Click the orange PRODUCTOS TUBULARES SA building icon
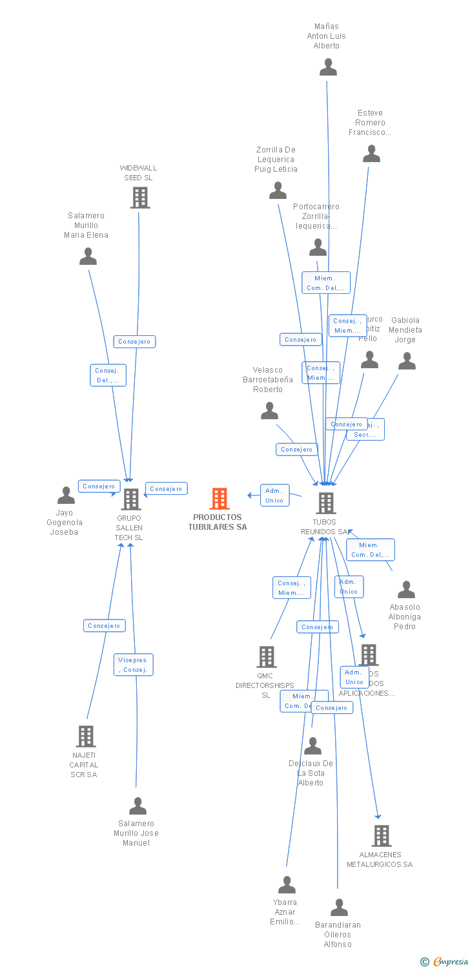(220, 499)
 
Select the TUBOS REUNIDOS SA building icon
(325, 503)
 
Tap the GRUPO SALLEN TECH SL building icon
(131, 499)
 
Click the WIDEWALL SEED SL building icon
(140, 198)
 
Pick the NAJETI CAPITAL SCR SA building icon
(86, 736)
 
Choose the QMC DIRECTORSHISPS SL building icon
(267, 657)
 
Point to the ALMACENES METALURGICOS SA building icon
(382, 836)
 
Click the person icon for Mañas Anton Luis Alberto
(328, 67)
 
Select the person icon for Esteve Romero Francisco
(371, 154)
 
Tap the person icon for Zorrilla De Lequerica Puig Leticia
(278, 191)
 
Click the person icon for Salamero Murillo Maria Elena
(88, 257)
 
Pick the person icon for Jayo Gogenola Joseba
(66, 495)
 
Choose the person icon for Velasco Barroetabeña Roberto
(269, 411)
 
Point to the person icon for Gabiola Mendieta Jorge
(407, 361)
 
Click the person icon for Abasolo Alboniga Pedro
(406, 590)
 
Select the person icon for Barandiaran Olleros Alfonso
(339, 908)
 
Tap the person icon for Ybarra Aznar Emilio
(287, 885)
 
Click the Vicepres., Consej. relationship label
(134, 665)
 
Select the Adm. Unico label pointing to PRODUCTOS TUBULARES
(274, 495)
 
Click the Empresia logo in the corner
(445, 962)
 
